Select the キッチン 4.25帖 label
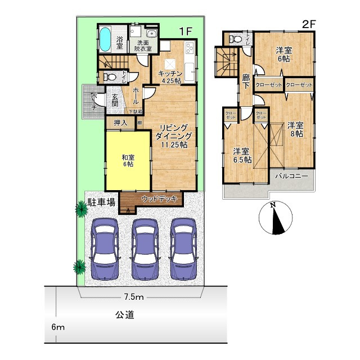pyautogui.click(x=169, y=77)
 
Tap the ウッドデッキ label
pyautogui.click(x=160, y=199)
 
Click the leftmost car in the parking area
pyautogui.click(x=106, y=247)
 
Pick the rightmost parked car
pyautogui.click(x=186, y=247)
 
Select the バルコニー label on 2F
pyautogui.click(x=291, y=176)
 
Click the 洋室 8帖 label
pyautogui.click(x=296, y=129)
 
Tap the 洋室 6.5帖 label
pyautogui.click(x=242, y=155)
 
